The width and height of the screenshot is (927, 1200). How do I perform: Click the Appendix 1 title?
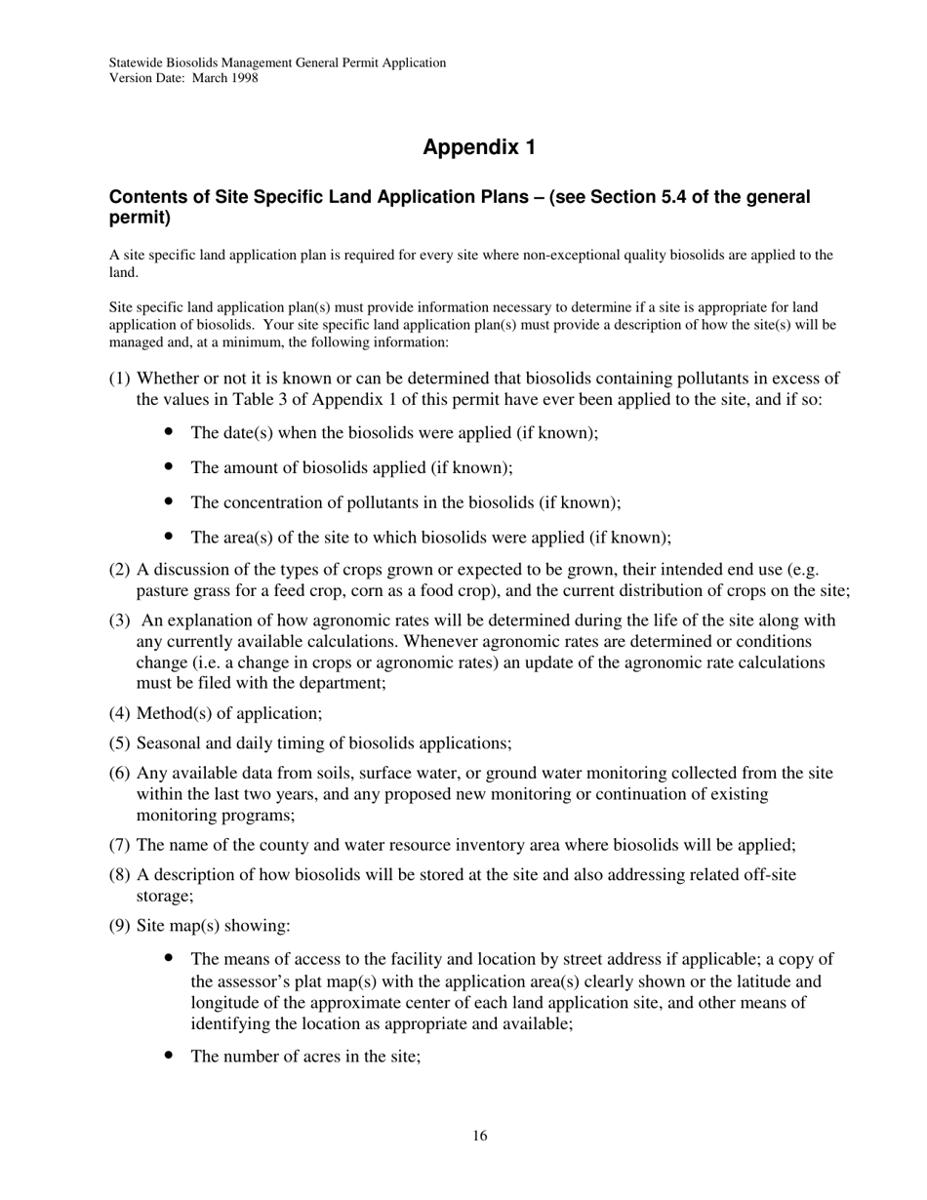[479, 147]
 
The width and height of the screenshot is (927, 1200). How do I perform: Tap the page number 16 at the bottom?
[479, 1136]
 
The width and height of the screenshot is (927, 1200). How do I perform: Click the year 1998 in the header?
[244, 78]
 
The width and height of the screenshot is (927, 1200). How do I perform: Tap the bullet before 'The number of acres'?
[170, 1055]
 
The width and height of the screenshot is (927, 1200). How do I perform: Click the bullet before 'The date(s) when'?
[170, 431]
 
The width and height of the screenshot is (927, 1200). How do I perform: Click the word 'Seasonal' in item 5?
[169, 743]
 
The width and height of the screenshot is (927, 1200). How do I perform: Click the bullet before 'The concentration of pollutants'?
[170, 501]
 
